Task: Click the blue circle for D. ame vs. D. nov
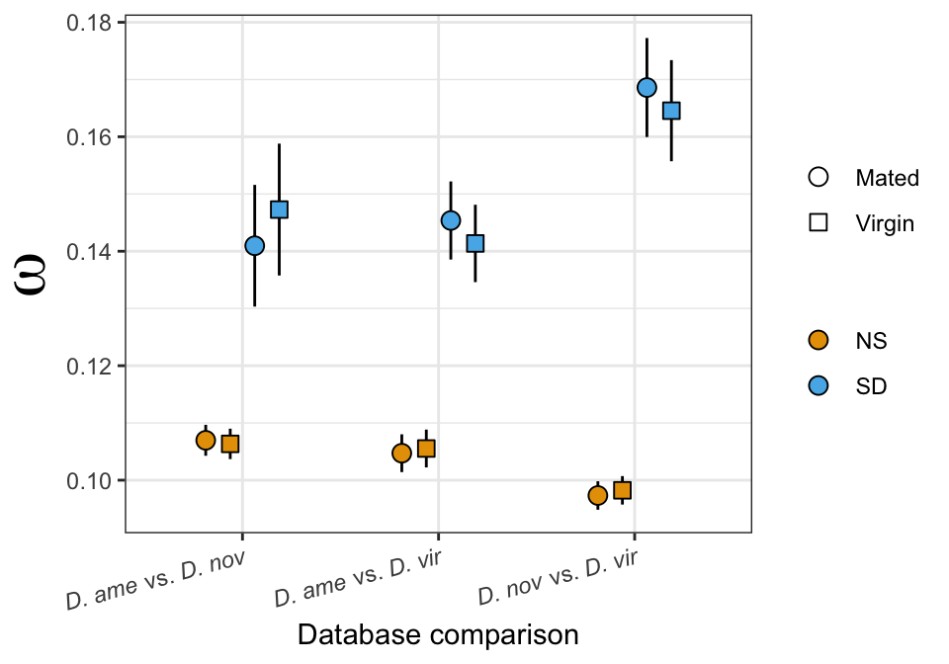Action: [x=254, y=245]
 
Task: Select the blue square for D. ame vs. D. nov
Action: [x=279, y=209]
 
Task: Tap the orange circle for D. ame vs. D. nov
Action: [x=206, y=441]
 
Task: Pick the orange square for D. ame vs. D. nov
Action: [x=230, y=444]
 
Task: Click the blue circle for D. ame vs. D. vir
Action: [x=451, y=220]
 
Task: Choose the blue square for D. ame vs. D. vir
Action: [x=475, y=243]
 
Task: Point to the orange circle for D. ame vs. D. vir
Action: [x=401, y=454]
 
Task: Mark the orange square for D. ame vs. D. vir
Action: [x=426, y=449]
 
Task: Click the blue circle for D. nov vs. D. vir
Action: [x=647, y=87]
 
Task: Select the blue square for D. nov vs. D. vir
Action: [x=671, y=111]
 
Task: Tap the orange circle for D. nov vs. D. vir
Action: [x=597, y=495]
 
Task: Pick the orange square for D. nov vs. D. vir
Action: [x=622, y=490]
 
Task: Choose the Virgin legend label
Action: [x=885, y=223]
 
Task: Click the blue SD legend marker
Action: [x=819, y=386]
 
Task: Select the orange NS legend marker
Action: [x=819, y=341]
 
